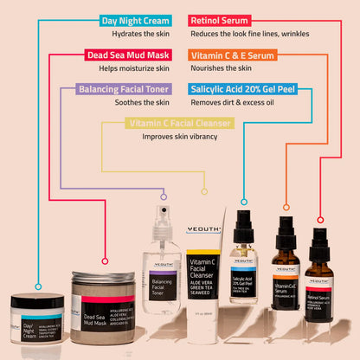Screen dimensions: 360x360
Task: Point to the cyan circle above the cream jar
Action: pos(37,284)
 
